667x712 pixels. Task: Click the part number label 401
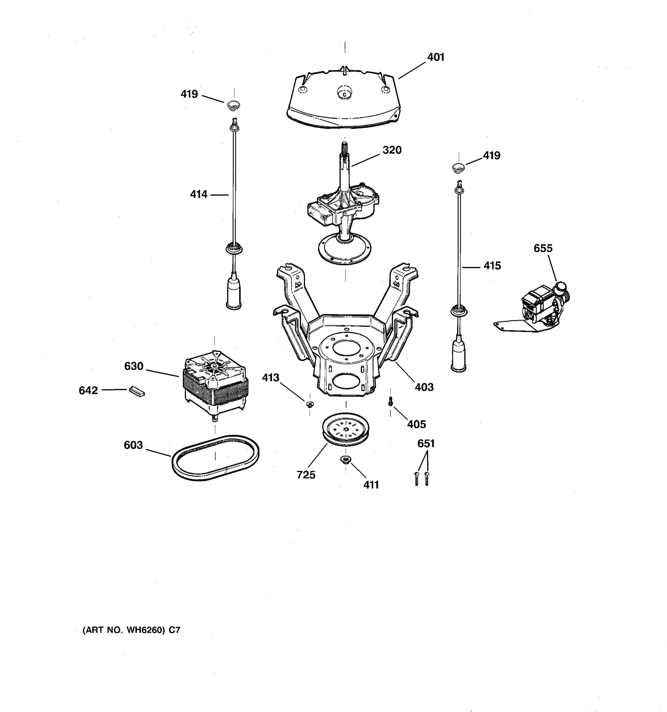tap(435, 57)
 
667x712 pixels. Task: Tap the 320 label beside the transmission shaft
tap(392, 150)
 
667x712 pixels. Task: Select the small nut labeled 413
tap(310, 404)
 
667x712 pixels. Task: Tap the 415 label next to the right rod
tap(492, 266)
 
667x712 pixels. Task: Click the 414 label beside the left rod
tap(199, 195)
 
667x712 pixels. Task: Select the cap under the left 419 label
tap(234, 105)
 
